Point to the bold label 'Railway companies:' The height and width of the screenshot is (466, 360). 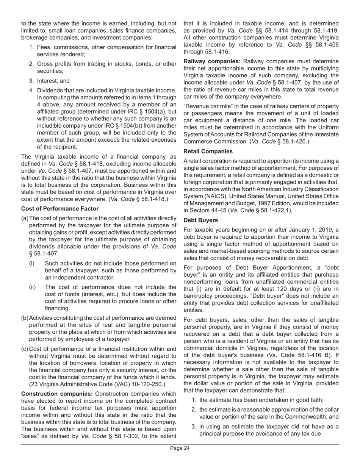212,61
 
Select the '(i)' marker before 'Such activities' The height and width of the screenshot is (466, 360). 32,263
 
